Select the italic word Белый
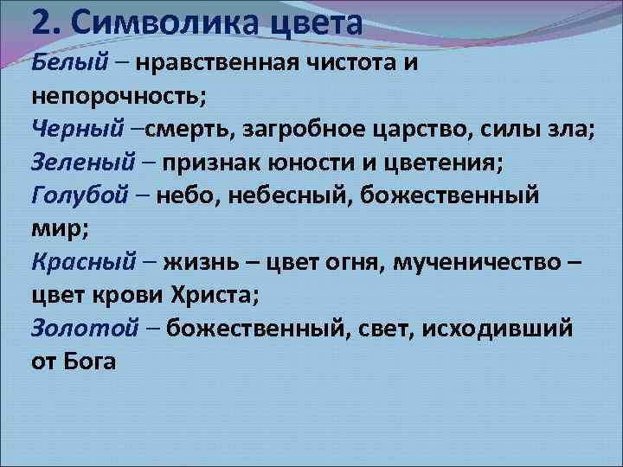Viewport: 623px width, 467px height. click(69, 63)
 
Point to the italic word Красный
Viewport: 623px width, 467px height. click(85, 261)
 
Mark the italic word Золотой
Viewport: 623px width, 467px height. click(84, 327)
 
